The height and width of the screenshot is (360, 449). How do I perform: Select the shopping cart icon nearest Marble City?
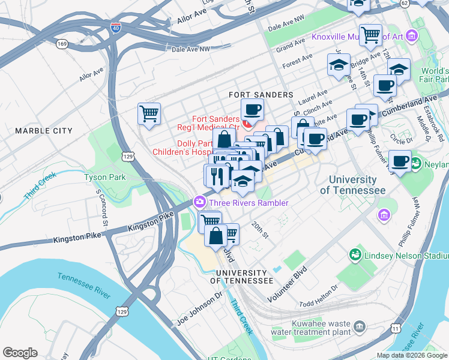(149, 113)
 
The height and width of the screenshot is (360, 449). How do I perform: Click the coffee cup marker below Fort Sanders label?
(252, 109)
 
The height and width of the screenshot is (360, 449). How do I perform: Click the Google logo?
(20, 353)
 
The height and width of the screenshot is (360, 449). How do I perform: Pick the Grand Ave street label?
(291, 45)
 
